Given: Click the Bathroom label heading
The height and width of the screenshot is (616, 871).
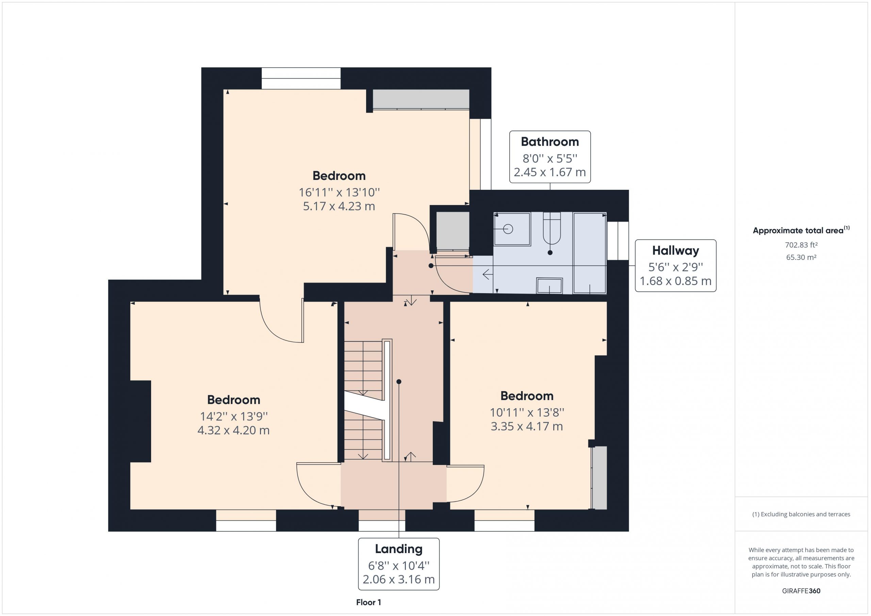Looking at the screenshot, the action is click(x=550, y=142).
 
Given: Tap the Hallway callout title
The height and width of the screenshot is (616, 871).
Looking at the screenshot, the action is click(x=675, y=251).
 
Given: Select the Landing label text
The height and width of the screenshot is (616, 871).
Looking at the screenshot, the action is click(x=399, y=549).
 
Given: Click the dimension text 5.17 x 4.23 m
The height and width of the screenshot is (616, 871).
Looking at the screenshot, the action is click(x=339, y=206).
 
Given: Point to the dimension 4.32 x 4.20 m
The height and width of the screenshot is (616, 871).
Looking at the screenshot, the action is click(x=233, y=430).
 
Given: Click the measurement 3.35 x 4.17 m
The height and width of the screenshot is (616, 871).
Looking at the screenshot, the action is click(x=527, y=426).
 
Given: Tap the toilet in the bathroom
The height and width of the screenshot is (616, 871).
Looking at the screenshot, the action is click(x=552, y=228).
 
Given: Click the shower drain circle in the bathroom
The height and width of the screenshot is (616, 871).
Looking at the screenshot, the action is click(x=508, y=229).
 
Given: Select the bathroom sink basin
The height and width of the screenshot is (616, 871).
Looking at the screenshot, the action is click(x=549, y=286).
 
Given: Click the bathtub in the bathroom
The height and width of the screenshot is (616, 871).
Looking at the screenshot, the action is click(x=590, y=253).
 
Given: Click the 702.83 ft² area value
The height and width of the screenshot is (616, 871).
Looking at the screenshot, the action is click(x=801, y=245).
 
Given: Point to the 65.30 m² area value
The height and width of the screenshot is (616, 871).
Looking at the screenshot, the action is click(x=801, y=257).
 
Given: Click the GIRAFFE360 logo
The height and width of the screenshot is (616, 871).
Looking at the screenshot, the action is click(x=801, y=590).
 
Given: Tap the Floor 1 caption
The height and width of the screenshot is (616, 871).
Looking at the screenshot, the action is click(x=368, y=602).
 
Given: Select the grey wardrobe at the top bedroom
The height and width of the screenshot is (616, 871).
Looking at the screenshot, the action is click(x=421, y=99).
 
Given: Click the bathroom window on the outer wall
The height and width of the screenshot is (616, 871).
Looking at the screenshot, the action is click(x=618, y=241).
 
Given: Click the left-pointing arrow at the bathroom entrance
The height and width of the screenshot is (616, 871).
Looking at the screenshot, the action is click(x=487, y=274).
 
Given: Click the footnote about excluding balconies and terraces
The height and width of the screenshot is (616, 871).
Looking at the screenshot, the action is click(x=801, y=514).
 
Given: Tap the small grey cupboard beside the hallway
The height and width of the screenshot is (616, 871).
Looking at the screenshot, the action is click(x=453, y=231).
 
